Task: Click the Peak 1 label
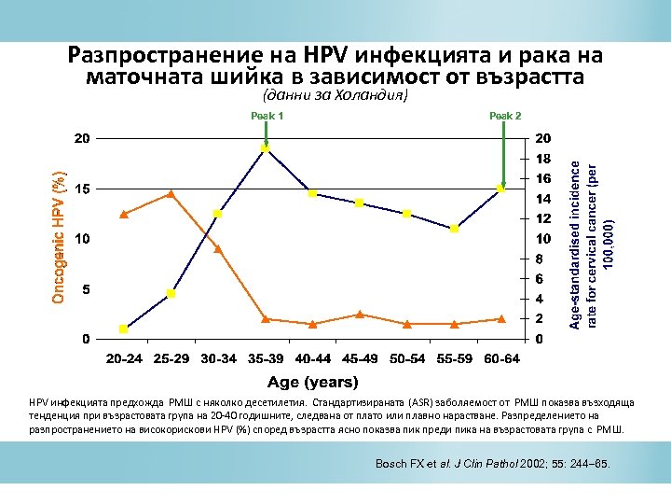267,116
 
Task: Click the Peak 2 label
505,116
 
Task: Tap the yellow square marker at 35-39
266,147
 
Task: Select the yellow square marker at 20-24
124,329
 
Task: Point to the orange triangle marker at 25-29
171,194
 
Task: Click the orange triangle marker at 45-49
360,315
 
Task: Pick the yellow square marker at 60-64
501,189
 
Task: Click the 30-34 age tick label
218,358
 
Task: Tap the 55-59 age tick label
454,358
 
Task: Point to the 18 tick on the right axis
542,159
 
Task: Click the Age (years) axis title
312,382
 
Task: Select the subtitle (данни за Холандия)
335,95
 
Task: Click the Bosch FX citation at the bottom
492,463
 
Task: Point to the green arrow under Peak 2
502,154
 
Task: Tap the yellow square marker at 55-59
454,229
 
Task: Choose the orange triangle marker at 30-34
218,249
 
